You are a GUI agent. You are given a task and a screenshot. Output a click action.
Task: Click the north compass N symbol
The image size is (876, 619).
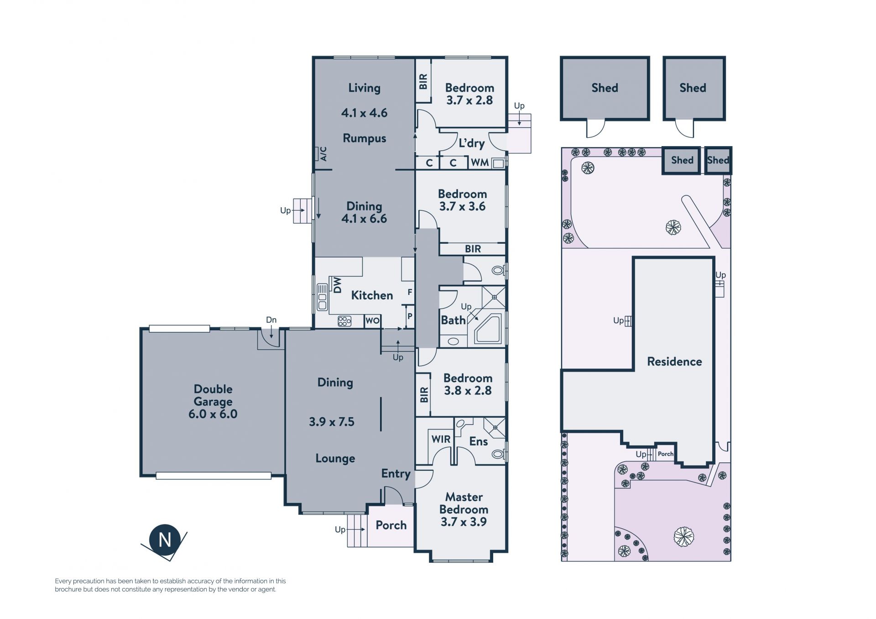click(x=165, y=540)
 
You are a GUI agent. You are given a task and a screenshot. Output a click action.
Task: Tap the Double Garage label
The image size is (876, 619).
click(x=213, y=395)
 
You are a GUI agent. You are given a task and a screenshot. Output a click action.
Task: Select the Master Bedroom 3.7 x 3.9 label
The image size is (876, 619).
click(x=464, y=509)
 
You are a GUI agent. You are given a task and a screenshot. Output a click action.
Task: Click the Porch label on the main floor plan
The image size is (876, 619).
click(x=391, y=525)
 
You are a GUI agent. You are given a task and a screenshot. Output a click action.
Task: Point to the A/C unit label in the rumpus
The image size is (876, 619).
click(x=323, y=154)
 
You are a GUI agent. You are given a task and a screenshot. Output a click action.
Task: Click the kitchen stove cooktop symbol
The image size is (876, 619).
click(x=344, y=321)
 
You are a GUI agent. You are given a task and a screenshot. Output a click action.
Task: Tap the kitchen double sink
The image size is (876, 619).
click(x=322, y=297)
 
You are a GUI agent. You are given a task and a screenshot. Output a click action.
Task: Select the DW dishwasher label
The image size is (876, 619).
click(x=337, y=285)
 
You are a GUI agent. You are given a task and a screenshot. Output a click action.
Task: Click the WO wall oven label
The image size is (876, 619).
click(x=372, y=321)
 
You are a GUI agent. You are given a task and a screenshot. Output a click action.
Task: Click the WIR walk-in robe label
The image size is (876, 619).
click(x=441, y=439)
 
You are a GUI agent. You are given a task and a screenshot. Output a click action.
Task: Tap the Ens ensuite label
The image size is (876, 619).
click(x=479, y=441)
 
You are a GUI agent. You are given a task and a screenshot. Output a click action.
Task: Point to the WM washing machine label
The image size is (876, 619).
click(x=480, y=163)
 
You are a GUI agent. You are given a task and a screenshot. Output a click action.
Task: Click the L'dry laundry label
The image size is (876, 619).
click(x=471, y=143)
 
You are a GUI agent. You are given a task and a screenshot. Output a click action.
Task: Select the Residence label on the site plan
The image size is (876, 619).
click(x=674, y=362)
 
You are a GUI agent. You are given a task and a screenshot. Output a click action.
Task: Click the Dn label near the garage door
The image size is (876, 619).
click(x=271, y=320)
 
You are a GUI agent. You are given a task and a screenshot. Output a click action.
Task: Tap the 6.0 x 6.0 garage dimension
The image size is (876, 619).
click(x=213, y=414)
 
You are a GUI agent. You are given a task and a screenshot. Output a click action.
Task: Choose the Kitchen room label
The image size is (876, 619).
click(x=372, y=295)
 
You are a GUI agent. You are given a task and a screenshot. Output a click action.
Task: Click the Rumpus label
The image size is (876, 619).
click(x=364, y=138)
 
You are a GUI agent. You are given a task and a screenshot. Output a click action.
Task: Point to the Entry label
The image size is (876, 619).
click(x=396, y=474)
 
